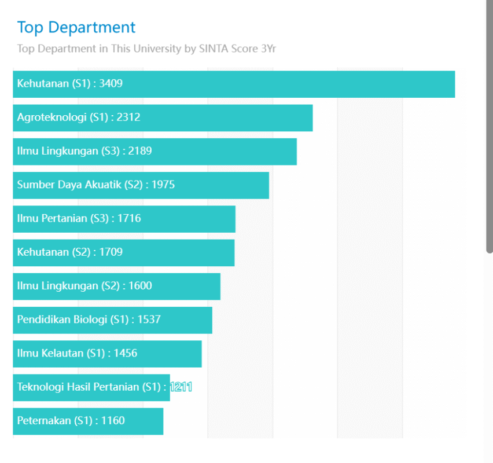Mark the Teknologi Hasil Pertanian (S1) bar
tap(91, 387)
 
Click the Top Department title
tap(76, 27)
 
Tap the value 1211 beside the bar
tap(181, 387)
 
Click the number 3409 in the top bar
tap(111, 84)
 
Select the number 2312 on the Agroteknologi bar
tap(128, 117)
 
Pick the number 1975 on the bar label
tap(163, 185)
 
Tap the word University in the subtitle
tap(157, 49)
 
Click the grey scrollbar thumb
tap(490, 127)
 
